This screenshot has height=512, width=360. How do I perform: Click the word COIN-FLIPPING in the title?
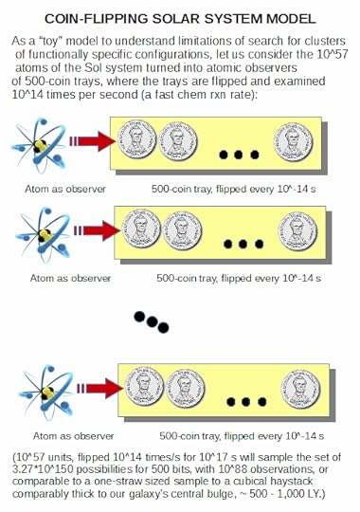pyautogui.click(x=97, y=18)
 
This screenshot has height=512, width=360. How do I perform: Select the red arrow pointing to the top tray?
pyautogui.click(x=93, y=141)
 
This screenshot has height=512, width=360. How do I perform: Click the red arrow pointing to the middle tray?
pyautogui.click(x=98, y=230)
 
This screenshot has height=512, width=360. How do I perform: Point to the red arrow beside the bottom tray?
pyautogui.click(x=100, y=388)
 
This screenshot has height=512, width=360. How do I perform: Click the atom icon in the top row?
pyautogui.click(x=39, y=145)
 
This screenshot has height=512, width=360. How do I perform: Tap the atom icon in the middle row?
pyautogui.click(x=43, y=235)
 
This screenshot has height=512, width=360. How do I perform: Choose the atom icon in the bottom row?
pyautogui.click(x=46, y=393)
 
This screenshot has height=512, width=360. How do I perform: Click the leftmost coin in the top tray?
pyautogui.click(x=137, y=139)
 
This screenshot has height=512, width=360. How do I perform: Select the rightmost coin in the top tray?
pyautogui.click(x=293, y=142)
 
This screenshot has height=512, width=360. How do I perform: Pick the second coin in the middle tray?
pyautogui.click(x=182, y=231)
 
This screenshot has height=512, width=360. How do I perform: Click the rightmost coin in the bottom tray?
pyautogui.click(x=300, y=389)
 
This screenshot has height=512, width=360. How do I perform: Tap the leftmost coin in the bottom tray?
pyautogui.click(x=144, y=386)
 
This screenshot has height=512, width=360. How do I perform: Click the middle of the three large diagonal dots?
pyautogui.click(x=152, y=322)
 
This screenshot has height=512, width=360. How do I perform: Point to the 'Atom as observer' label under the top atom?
pyautogui.click(x=65, y=189)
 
